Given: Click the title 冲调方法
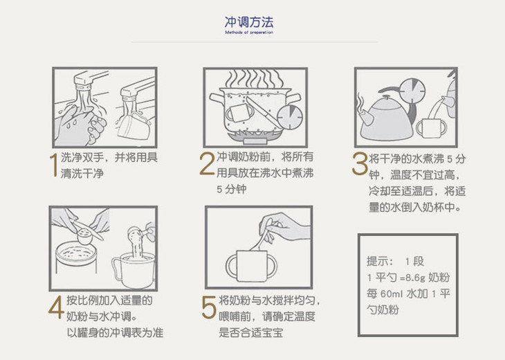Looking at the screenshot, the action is [x=249, y=22].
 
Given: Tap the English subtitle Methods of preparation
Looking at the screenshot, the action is [x=249, y=33].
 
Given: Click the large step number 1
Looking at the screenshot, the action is [x=54, y=165].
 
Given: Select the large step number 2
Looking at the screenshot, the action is [x=207, y=163].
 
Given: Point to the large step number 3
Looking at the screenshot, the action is [x=360, y=163].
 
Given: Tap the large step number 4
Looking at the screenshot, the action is [x=56, y=307].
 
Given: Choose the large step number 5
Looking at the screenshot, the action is [x=209, y=308].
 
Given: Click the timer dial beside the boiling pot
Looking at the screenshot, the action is [x=290, y=117].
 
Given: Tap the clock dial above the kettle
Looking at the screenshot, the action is [x=412, y=91].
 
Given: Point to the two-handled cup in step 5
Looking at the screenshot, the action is [x=251, y=267].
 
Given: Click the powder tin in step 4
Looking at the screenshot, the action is [x=76, y=262].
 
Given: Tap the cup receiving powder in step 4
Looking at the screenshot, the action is [x=134, y=270].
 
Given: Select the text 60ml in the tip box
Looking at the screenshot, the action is [x=391, y=294].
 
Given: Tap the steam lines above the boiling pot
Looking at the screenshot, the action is [x=255, y=79].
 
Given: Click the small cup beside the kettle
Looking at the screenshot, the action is [x=431, y=129].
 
